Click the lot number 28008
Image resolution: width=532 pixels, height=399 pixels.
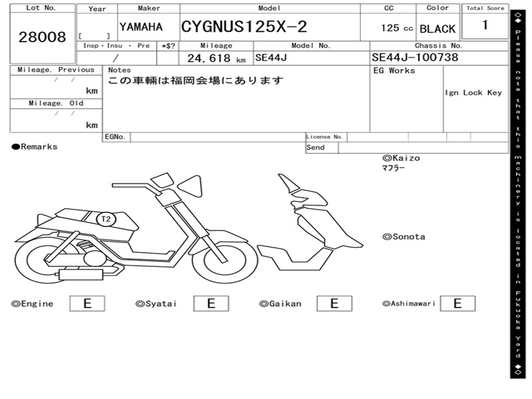[43, 37]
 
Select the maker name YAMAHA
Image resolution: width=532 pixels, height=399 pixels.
[141, 27]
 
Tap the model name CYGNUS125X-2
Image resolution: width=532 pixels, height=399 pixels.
[244, 26]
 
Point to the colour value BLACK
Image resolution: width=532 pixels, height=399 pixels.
[437, 29]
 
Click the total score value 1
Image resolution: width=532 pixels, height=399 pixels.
[485, 25]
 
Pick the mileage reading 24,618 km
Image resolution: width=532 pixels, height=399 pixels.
[217, 58]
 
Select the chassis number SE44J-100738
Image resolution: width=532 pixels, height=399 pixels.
[415, 57]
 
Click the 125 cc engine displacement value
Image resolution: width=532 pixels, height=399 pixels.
[397, 28]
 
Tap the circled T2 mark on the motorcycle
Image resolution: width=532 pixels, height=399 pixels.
[106, 219]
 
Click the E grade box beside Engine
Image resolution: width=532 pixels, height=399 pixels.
[87, 303]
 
